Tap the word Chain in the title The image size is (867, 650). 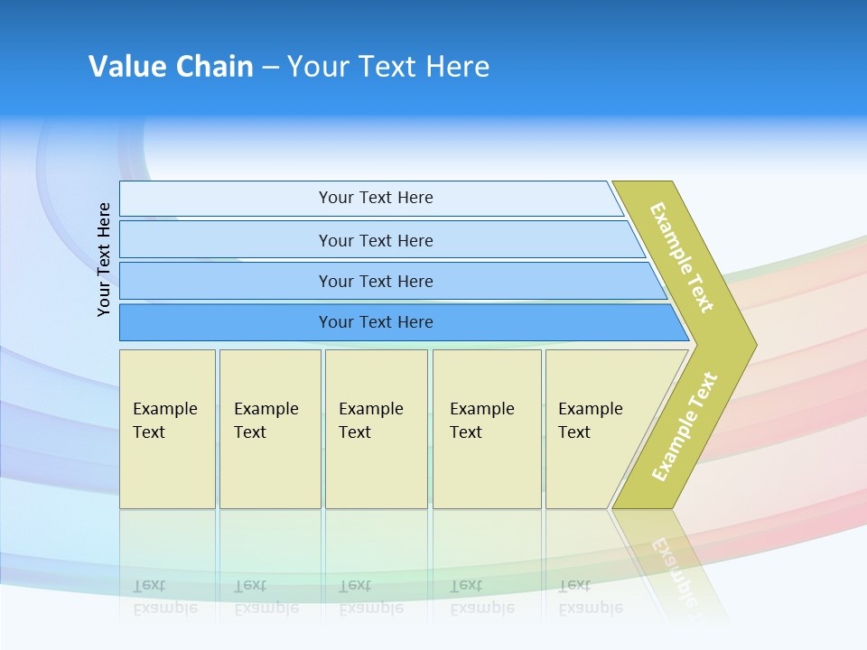[x=215, y=66]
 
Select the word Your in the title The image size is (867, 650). [x=318, y=66]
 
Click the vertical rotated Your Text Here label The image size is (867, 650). [x=104, y=259]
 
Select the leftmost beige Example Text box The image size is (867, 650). [x=168, y=429]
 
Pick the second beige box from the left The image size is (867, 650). [x=270, y=429]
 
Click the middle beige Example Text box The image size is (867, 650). [x=377, y=429]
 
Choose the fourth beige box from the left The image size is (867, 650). [x=487, y=429]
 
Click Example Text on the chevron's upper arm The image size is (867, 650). [x=681, y=257]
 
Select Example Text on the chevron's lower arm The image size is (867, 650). [x=685, y=426]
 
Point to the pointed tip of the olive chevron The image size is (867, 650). [x=757, y=345]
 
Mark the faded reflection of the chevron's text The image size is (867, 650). [x=674, y=572]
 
